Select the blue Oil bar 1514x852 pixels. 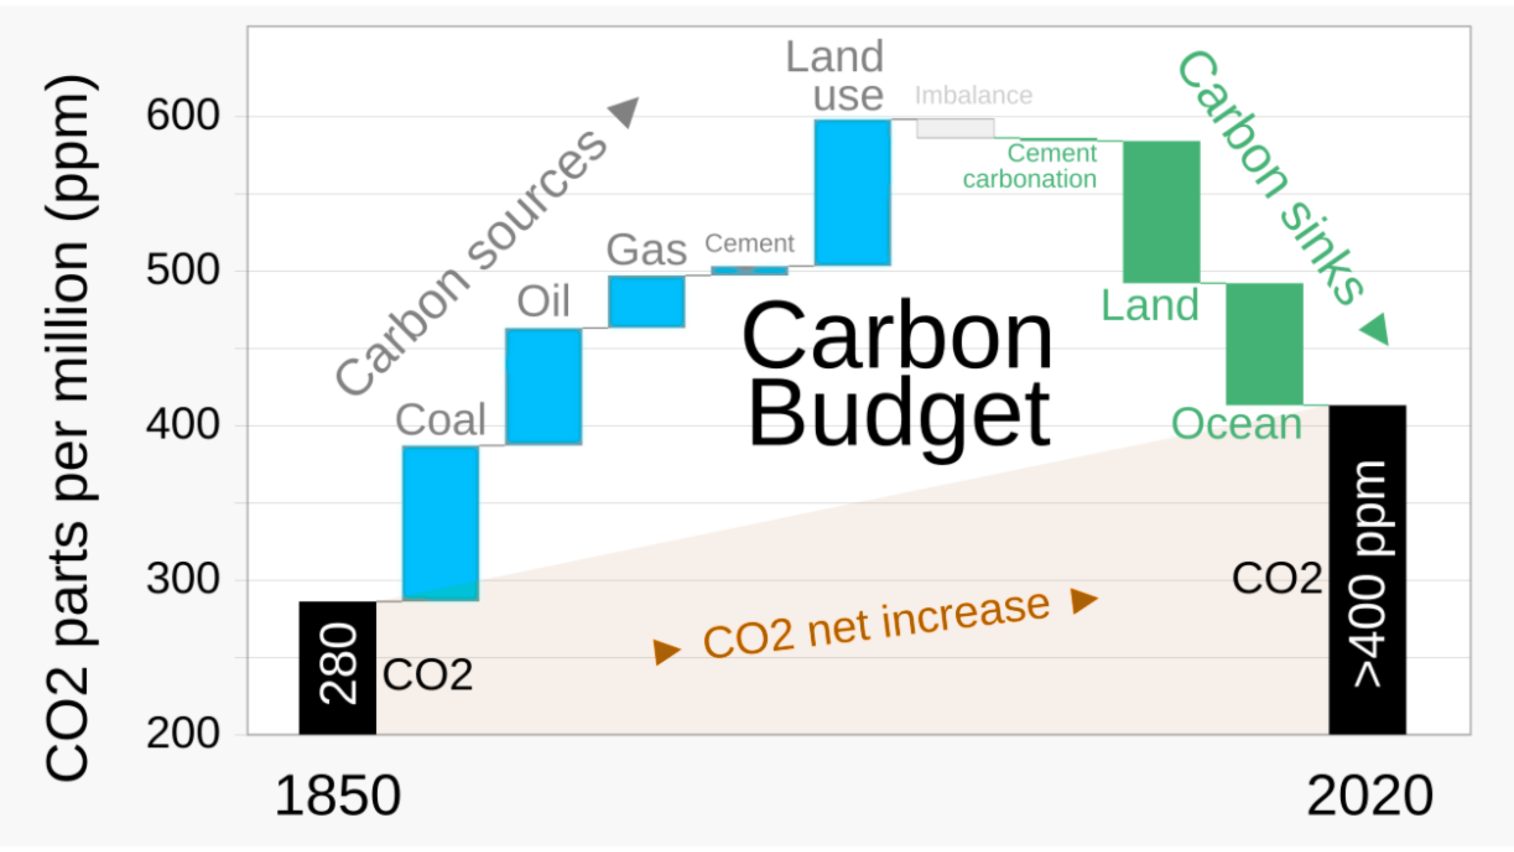[x=544, y=386]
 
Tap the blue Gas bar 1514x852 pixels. [x=646, y=301]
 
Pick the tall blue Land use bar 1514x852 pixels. [x=852, y=192]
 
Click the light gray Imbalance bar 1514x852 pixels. [x=955, y=128]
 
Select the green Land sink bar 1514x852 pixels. [x=1162, y=211]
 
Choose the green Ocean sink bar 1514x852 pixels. [x=1264, y=344]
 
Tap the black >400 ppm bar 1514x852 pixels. [x=1367, y=569]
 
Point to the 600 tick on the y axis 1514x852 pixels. [x=183, y=115]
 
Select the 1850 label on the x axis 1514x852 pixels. [x=338, y=796]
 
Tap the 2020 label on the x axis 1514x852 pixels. [x=1370, y=796]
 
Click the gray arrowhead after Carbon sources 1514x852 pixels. [x=625, y=111]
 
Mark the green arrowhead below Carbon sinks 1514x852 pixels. [x=1376, y=329]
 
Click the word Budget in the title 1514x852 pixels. [x=899, y=414]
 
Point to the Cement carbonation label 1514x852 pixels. [x=1030, y=166]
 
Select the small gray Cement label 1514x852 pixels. [x=749, y=243]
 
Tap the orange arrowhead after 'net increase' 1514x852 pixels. [x=1083, y=601]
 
